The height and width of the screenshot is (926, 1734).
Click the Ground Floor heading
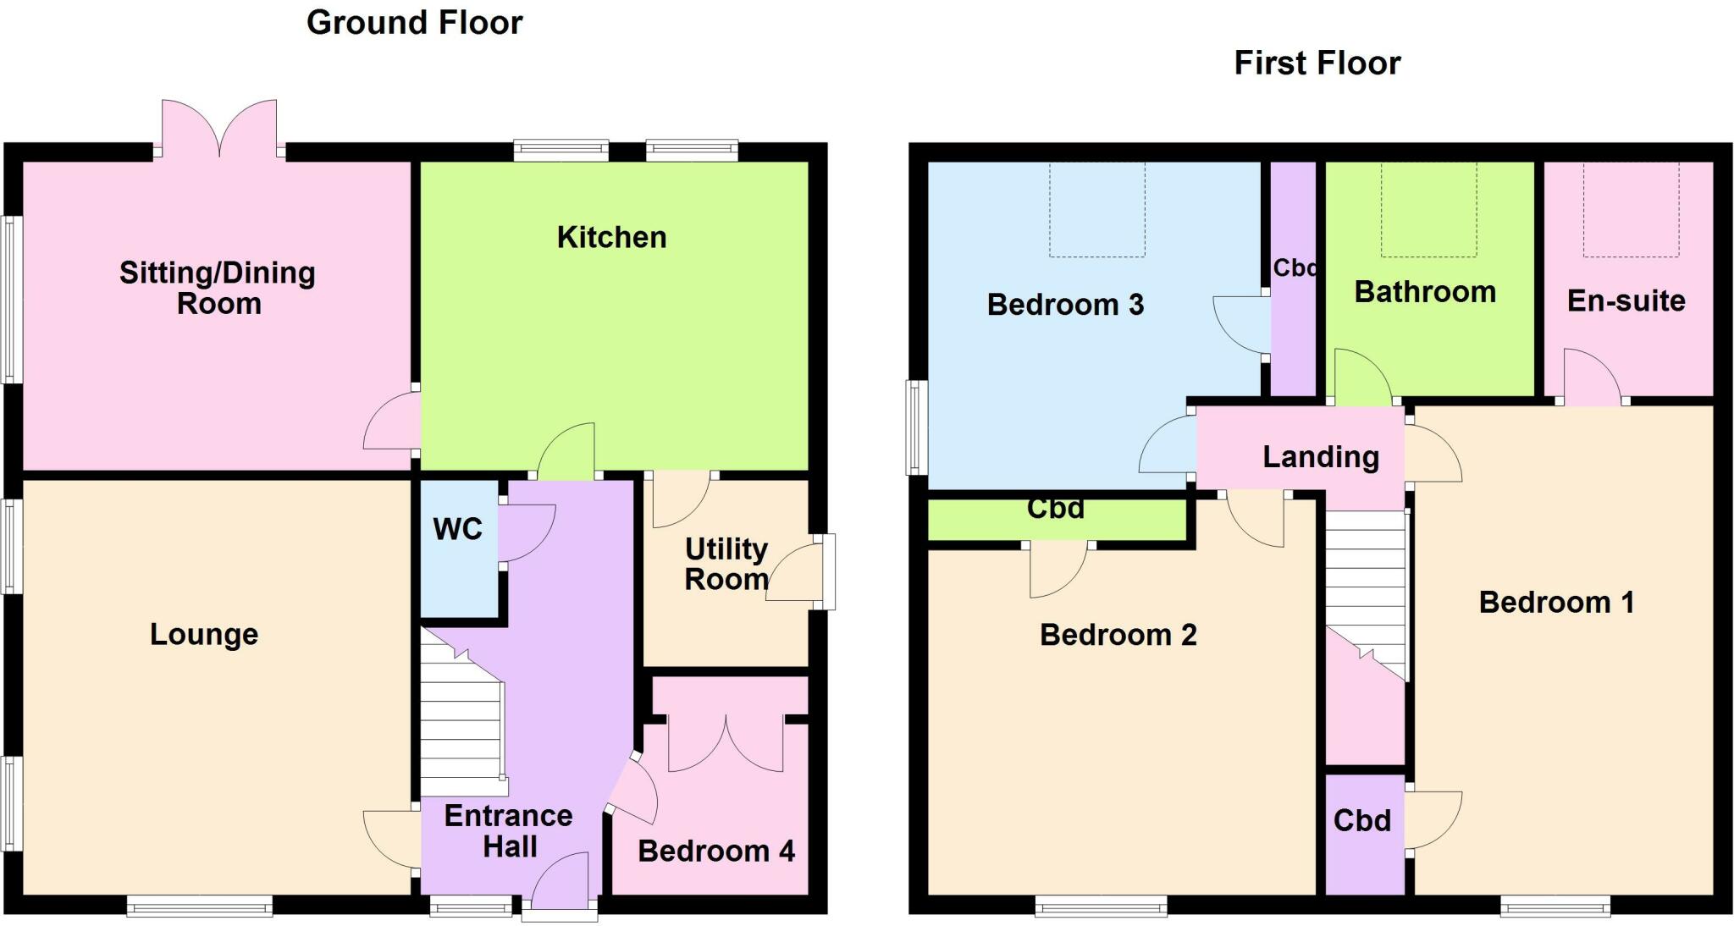[414, 23]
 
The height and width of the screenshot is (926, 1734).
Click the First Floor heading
[1317, 63]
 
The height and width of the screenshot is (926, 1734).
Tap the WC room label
[457, 529]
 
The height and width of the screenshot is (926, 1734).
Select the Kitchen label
[611, 238]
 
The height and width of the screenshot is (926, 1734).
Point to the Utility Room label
[726, 564]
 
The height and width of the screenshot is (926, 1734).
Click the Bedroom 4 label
[715, 852]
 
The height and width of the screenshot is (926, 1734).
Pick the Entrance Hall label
[509, 830]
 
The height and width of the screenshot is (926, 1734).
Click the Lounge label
[203, 635]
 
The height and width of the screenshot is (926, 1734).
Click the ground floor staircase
[461, 728]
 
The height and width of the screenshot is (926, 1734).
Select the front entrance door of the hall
[561, 889]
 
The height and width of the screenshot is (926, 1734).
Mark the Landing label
[1321, 457]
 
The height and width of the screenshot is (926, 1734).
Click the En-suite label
[1626, 301]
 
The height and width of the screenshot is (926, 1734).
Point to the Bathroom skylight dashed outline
[1428, 210]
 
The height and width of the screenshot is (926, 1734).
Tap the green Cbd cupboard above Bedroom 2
[1056, 519]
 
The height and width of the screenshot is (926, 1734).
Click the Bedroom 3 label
[1065, 305]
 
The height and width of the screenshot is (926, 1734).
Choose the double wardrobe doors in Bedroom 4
[726, 745]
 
